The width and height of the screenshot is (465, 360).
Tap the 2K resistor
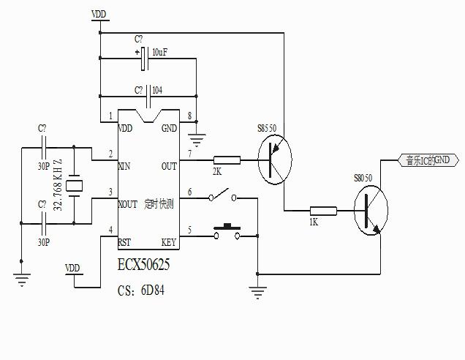[226, 160]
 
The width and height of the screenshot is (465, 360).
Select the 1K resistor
[322, 212]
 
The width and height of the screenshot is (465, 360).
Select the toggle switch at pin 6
[223, 197]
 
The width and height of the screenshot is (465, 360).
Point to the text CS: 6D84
[141, 290]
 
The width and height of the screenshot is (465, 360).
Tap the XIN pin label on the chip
[124, 166]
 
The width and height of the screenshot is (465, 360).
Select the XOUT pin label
[127, 204]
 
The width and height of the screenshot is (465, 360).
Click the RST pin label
[124, 242]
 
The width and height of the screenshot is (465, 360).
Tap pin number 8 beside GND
[190, 116]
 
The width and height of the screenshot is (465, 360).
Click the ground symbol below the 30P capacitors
[23, 277]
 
